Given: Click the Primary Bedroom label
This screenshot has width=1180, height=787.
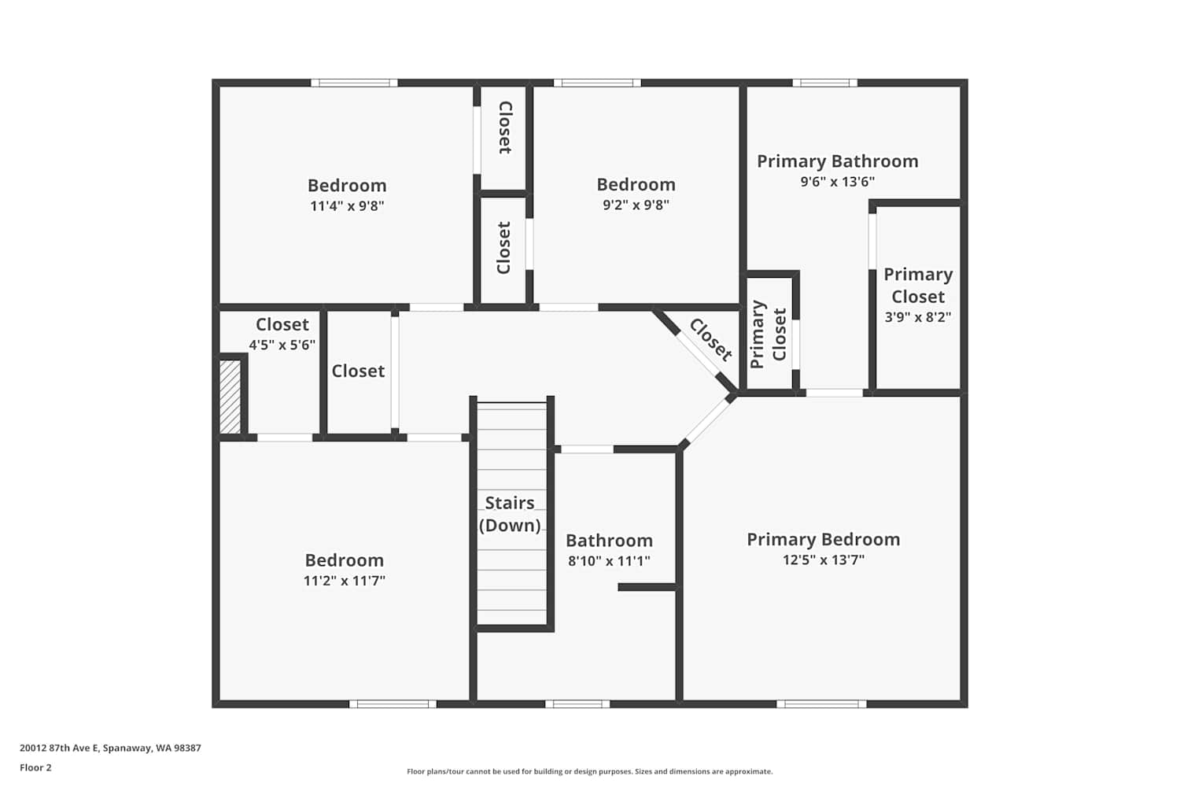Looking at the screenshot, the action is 824,539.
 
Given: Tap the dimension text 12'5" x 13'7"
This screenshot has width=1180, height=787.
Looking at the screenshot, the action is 824,560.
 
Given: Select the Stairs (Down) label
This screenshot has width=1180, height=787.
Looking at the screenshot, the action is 510,514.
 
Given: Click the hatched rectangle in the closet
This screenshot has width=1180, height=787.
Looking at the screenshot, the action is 230,397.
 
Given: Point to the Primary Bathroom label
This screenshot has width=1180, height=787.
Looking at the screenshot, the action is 838,161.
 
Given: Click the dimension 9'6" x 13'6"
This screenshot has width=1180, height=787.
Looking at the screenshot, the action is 838,181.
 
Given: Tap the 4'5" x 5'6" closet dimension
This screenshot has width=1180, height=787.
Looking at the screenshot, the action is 282,345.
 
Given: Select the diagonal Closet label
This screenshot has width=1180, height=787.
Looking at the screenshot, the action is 710,340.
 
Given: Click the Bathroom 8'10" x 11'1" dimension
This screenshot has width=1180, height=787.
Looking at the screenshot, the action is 609,560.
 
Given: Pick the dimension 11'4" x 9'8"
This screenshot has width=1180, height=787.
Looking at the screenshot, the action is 347,205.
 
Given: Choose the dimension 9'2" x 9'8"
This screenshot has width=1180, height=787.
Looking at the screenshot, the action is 636,205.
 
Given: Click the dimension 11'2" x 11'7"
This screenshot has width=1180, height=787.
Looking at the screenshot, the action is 344,580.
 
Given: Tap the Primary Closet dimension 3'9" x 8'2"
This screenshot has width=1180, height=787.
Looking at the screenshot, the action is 918,317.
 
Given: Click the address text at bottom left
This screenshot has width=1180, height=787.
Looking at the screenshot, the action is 111,748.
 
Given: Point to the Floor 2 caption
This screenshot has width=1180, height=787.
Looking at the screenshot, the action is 36,767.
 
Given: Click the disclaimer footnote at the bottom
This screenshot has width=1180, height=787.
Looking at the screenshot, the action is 589,771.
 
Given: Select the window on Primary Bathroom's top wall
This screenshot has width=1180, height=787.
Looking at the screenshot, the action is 825,83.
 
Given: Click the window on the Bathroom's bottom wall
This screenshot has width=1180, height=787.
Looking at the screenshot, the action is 577,704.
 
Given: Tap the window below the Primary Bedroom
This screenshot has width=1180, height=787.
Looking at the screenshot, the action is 821,704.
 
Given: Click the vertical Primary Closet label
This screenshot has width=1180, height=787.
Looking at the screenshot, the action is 768,334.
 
